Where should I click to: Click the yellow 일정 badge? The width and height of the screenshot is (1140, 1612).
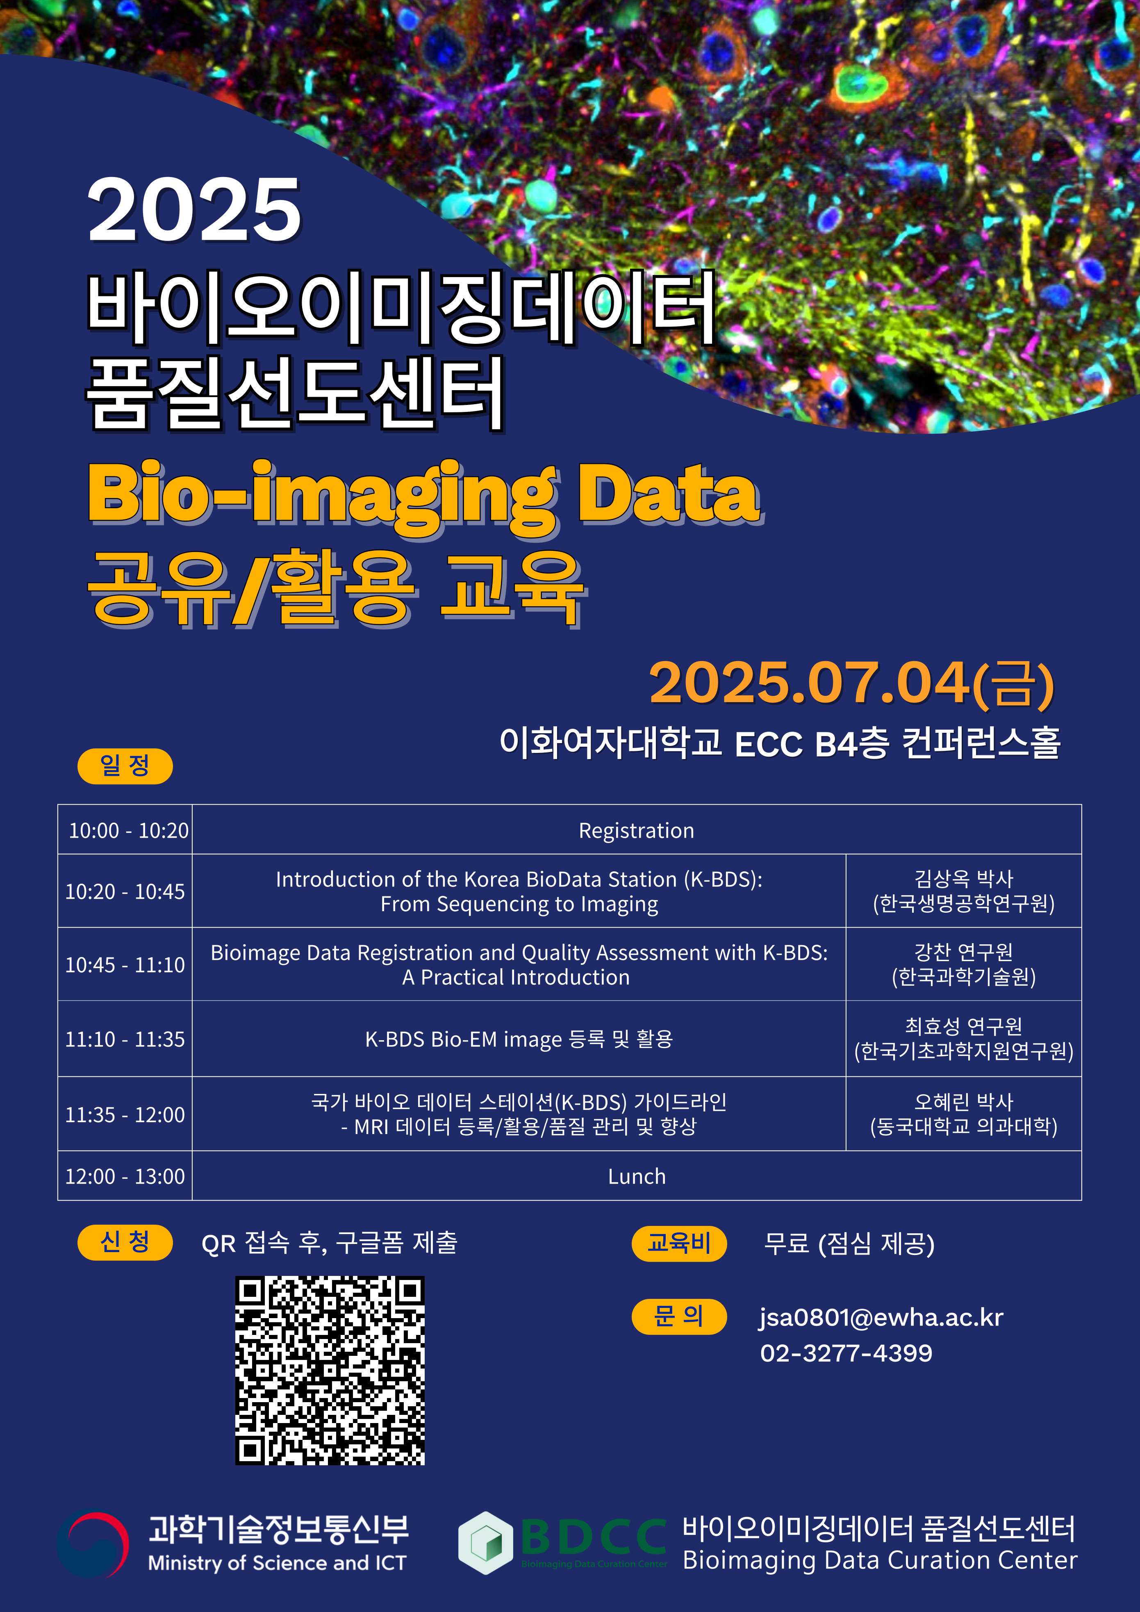click(x=125, y=765)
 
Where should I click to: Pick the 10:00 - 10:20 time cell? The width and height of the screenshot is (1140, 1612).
click(x=125, y=830)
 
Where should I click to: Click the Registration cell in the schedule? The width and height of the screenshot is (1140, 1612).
click(x=636, y=830)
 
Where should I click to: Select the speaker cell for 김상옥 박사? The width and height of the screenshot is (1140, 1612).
click(x=964, y=891)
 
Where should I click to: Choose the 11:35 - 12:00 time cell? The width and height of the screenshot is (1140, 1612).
click(x=125, y=1114)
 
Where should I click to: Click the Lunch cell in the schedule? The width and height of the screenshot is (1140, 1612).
click(x=636, y=1176)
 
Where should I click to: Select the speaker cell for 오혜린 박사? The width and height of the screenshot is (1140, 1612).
click(x=964, y=1114)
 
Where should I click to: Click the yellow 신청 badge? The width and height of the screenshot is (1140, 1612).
click(x=125, y=1243)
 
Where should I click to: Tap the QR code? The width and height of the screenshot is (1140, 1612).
click(x=330, y=1371)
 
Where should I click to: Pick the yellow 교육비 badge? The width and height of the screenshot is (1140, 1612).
click(x=679, y=1244)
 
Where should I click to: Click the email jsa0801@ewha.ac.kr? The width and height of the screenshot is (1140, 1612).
click(x=881, y=1318)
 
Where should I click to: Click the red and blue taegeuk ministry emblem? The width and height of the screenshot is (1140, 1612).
click(x=93, y=1545)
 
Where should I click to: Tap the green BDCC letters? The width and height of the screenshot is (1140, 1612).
click(x=594, y=1537)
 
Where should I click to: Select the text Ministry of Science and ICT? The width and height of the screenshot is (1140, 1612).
click(x=278, y=1563)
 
